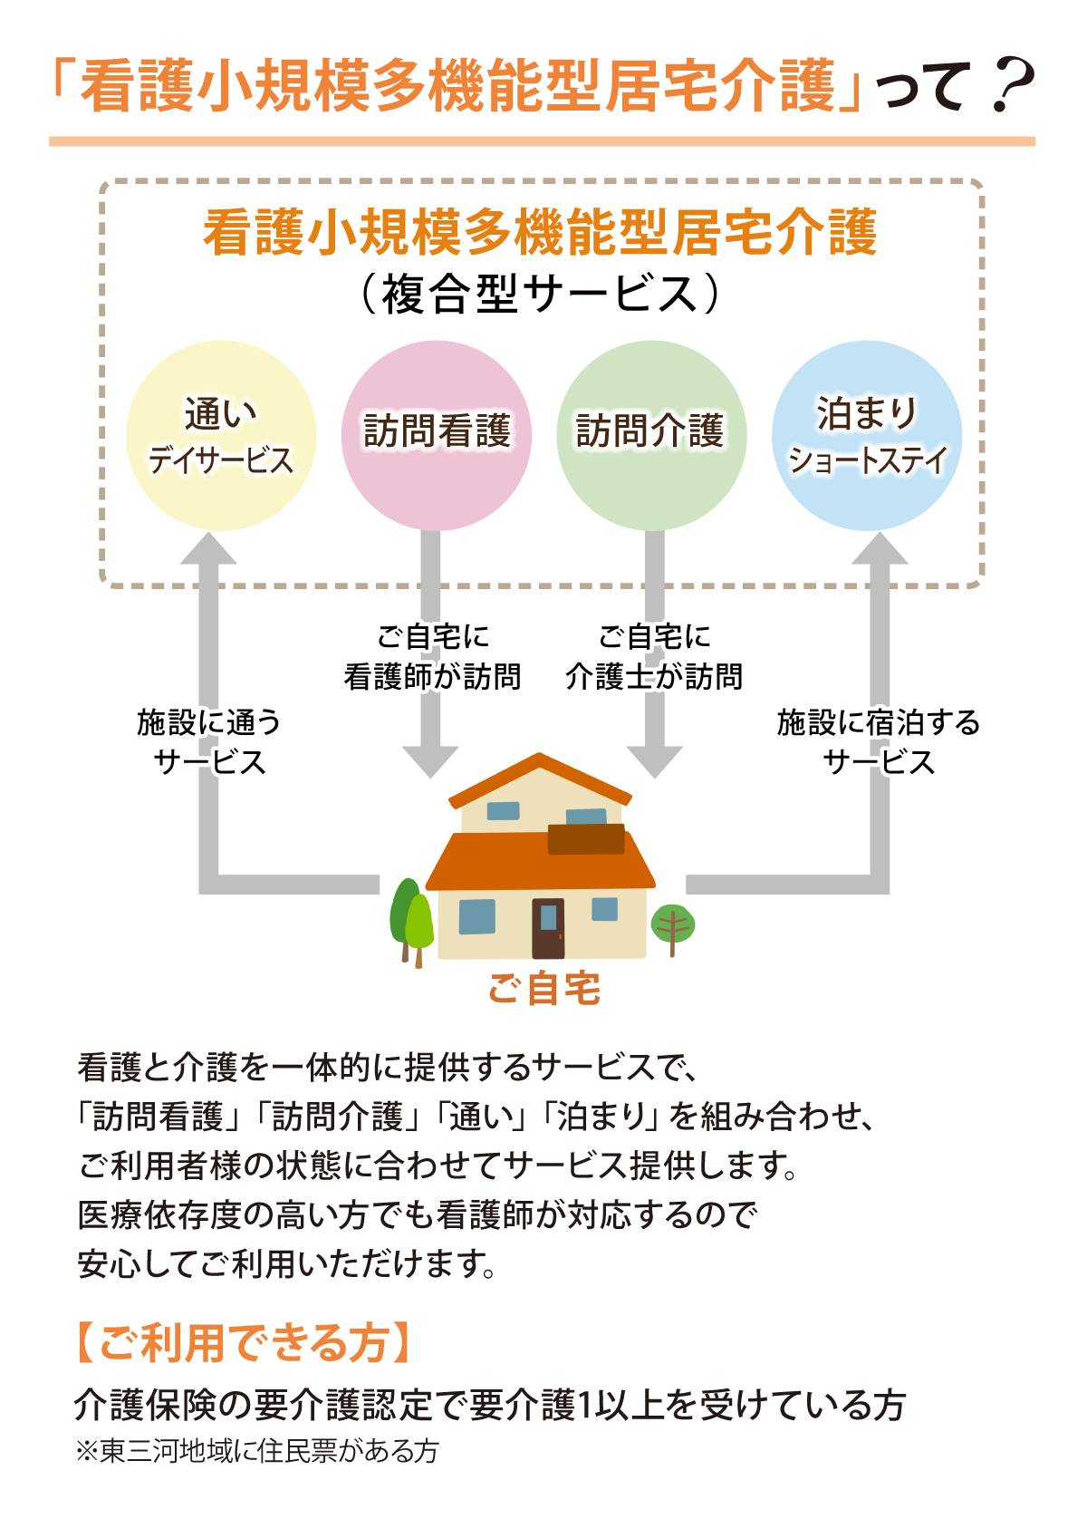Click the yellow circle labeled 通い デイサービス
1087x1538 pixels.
coord(220,435)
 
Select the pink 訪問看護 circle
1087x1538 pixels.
coord(436,435)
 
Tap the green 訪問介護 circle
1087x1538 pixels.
coord(651,435)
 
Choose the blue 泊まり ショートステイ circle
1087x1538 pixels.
coord(867,435)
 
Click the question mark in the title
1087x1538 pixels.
coord(1013,87)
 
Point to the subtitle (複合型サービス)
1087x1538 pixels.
coord(541,295)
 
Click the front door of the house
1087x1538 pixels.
coord(548,927)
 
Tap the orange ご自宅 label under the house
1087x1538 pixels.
coord(543,989)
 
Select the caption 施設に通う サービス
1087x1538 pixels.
coord(209,742)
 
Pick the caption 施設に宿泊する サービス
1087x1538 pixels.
coord(879,742)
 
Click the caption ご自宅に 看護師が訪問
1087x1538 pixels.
coord(432,657)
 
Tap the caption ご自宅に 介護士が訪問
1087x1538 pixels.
coord(654,657)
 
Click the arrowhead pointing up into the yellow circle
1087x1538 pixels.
coord(209,549)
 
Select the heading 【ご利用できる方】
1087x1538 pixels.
coord(242,1342)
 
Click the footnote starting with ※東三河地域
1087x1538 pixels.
coord(257,1451)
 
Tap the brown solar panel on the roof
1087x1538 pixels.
coord(586,839)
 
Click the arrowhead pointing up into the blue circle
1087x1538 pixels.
coord(879,549)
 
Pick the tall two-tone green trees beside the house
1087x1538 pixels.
coord(411,917)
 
